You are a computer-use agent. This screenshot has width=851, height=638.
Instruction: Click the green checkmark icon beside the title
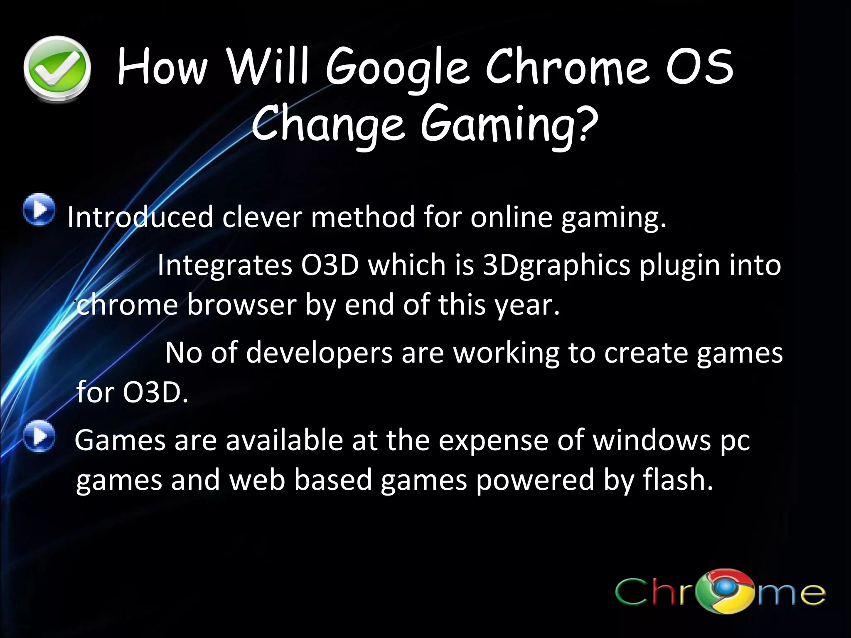coord(57,69)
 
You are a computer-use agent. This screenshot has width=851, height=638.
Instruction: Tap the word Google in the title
coord(397,69)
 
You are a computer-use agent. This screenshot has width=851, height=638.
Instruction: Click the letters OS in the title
coord(700,66)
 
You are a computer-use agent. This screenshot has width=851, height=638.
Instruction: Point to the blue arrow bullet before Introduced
coord(39,210)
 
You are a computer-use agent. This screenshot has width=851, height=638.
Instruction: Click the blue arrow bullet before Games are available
coord(39,436)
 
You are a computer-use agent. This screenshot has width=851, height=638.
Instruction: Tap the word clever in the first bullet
coord(262,217)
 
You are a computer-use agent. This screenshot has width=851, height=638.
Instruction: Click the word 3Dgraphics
coord(557,266)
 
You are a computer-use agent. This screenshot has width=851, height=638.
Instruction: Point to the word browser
coord(241,305)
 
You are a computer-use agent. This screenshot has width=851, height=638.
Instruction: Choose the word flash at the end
coord(677,480)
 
